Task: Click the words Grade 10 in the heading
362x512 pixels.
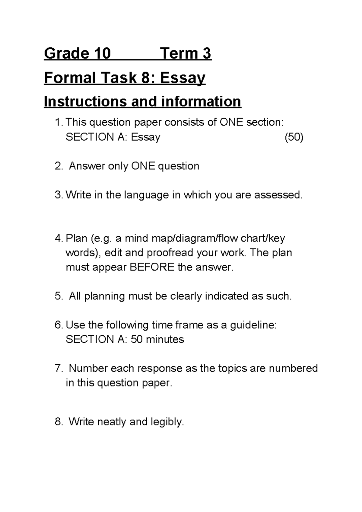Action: click(77, 54)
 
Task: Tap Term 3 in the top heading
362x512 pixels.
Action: click(186, 54)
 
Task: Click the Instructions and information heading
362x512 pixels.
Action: click(142, 102)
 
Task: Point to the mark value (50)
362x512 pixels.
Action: click(294, 137)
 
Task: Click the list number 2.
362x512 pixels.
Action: click(58, 166)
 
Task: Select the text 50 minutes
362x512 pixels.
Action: click(157, 339)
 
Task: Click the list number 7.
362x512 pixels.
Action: click(58, 368)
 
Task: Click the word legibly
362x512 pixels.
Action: click(167, 422)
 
